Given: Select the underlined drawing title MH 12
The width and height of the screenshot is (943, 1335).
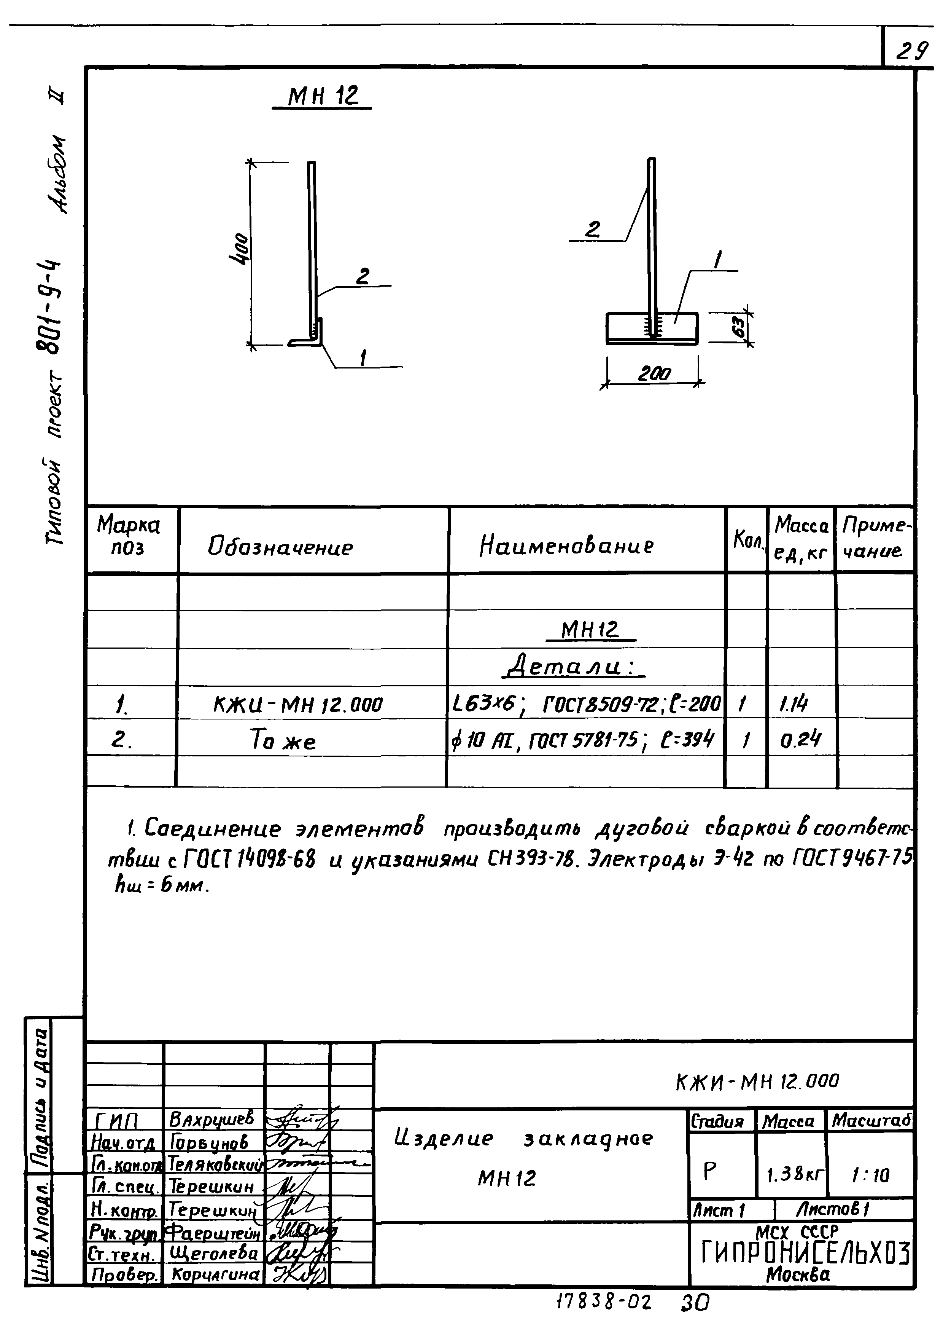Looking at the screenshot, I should point(323,96).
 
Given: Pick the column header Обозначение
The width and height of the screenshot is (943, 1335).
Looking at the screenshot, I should point(280,547).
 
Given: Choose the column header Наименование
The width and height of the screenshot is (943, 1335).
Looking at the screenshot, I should point(566,545).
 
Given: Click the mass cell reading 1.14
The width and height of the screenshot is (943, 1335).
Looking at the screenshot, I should point(794,705).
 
